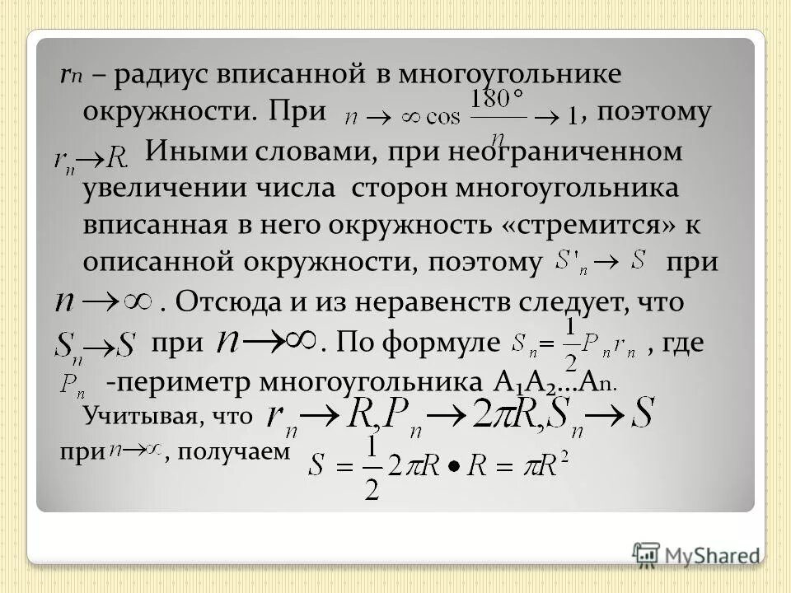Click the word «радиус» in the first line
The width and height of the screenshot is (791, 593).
coord(159,75)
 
